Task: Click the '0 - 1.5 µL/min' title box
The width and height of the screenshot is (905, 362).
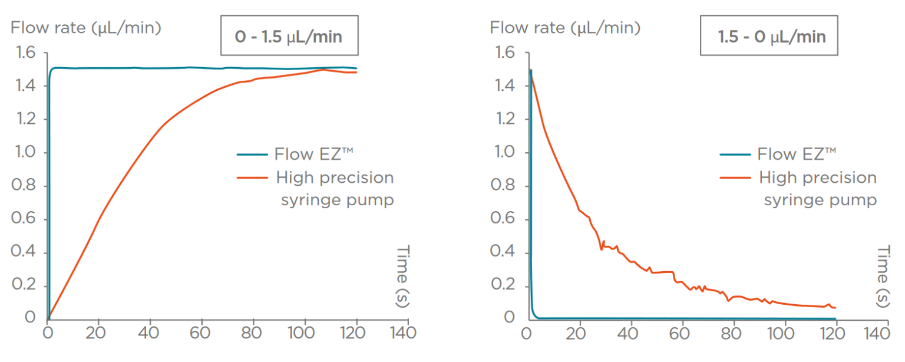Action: pos(289,37)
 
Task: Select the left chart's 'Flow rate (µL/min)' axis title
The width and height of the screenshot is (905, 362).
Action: pos(86,27)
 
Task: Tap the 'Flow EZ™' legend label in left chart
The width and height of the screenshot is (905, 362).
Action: pos(313,154)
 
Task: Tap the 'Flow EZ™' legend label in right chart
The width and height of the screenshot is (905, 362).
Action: pos(797,154)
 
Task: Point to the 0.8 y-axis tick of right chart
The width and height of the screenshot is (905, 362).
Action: pos(503,186)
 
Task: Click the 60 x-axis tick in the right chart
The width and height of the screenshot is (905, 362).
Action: pos(679,333)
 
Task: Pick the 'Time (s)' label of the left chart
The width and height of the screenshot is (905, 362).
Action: pos(402,276)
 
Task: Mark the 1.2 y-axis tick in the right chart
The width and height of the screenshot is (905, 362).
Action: pos(503,120)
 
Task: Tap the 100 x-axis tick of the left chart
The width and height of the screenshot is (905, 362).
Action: pos(305,333)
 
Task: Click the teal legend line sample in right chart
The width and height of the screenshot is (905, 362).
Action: pos(735,154)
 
